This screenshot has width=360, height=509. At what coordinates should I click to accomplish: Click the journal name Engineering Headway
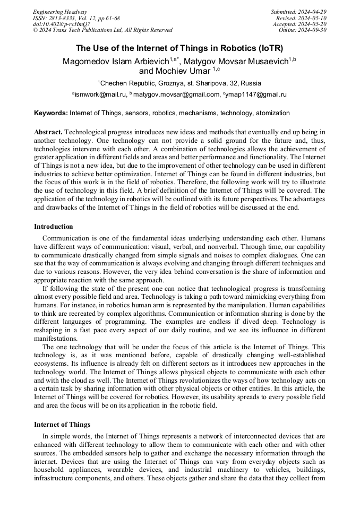(x=60, y=12)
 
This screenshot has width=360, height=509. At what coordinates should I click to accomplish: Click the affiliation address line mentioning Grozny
(x=179, y=83)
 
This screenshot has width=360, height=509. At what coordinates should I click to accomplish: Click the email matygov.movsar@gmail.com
(x=176, y=94)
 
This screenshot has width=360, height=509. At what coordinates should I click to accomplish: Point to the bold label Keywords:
(x=51, y=113)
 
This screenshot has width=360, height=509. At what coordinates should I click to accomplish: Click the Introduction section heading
(x=54, y=227)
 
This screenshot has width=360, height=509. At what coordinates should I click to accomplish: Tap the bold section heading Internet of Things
(x=62, y=425)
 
